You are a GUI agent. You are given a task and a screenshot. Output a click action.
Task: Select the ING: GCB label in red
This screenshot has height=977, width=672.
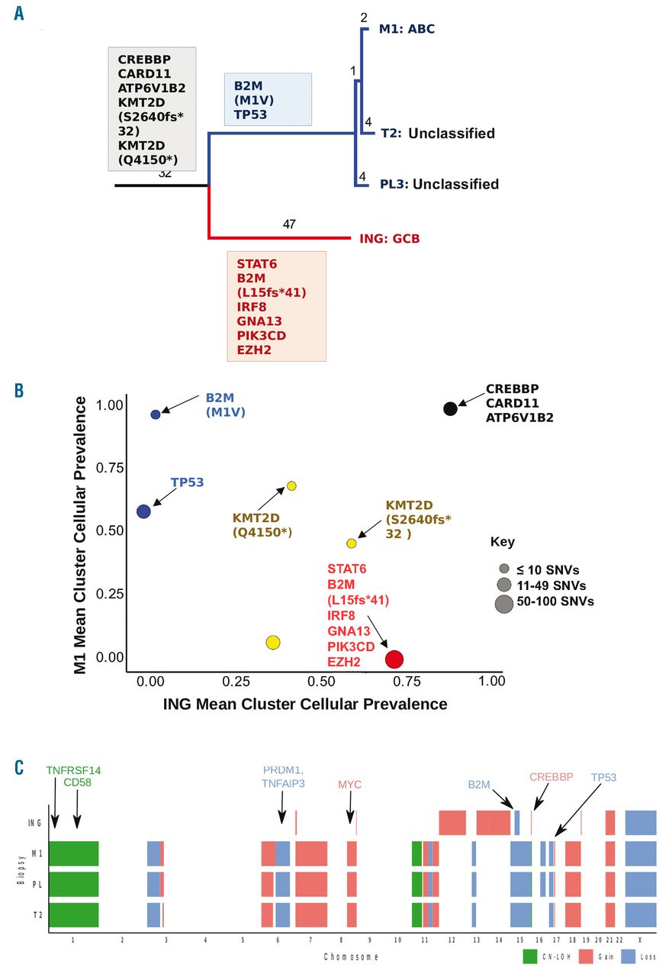(389, 239)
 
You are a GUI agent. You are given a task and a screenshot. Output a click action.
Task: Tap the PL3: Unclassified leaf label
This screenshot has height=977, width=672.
(439, 184)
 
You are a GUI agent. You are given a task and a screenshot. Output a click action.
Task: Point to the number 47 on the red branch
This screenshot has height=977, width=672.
(288, 224)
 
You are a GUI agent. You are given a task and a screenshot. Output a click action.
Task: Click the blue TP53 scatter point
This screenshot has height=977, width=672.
(143, 511)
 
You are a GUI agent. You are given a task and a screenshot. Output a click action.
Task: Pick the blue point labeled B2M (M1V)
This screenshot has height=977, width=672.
(156, 414)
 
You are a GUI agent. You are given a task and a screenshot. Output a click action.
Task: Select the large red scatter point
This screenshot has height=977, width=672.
(394, 659)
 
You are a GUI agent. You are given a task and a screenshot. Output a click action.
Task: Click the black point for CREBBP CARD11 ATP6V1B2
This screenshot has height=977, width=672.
(450, 408)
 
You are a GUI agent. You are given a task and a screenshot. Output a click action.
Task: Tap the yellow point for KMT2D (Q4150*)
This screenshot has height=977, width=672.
(291, 486)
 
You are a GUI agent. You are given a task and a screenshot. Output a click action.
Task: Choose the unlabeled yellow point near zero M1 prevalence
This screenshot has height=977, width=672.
(273, 643)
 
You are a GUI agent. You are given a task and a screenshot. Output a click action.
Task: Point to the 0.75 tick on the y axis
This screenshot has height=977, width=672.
(107, 467)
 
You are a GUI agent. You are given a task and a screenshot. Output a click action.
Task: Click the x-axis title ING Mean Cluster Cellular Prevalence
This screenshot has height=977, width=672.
(305, 704)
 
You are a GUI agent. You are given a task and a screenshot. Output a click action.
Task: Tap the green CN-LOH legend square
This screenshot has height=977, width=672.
(530, 955)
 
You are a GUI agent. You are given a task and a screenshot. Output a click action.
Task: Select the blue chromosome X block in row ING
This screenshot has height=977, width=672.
(641, 823)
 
